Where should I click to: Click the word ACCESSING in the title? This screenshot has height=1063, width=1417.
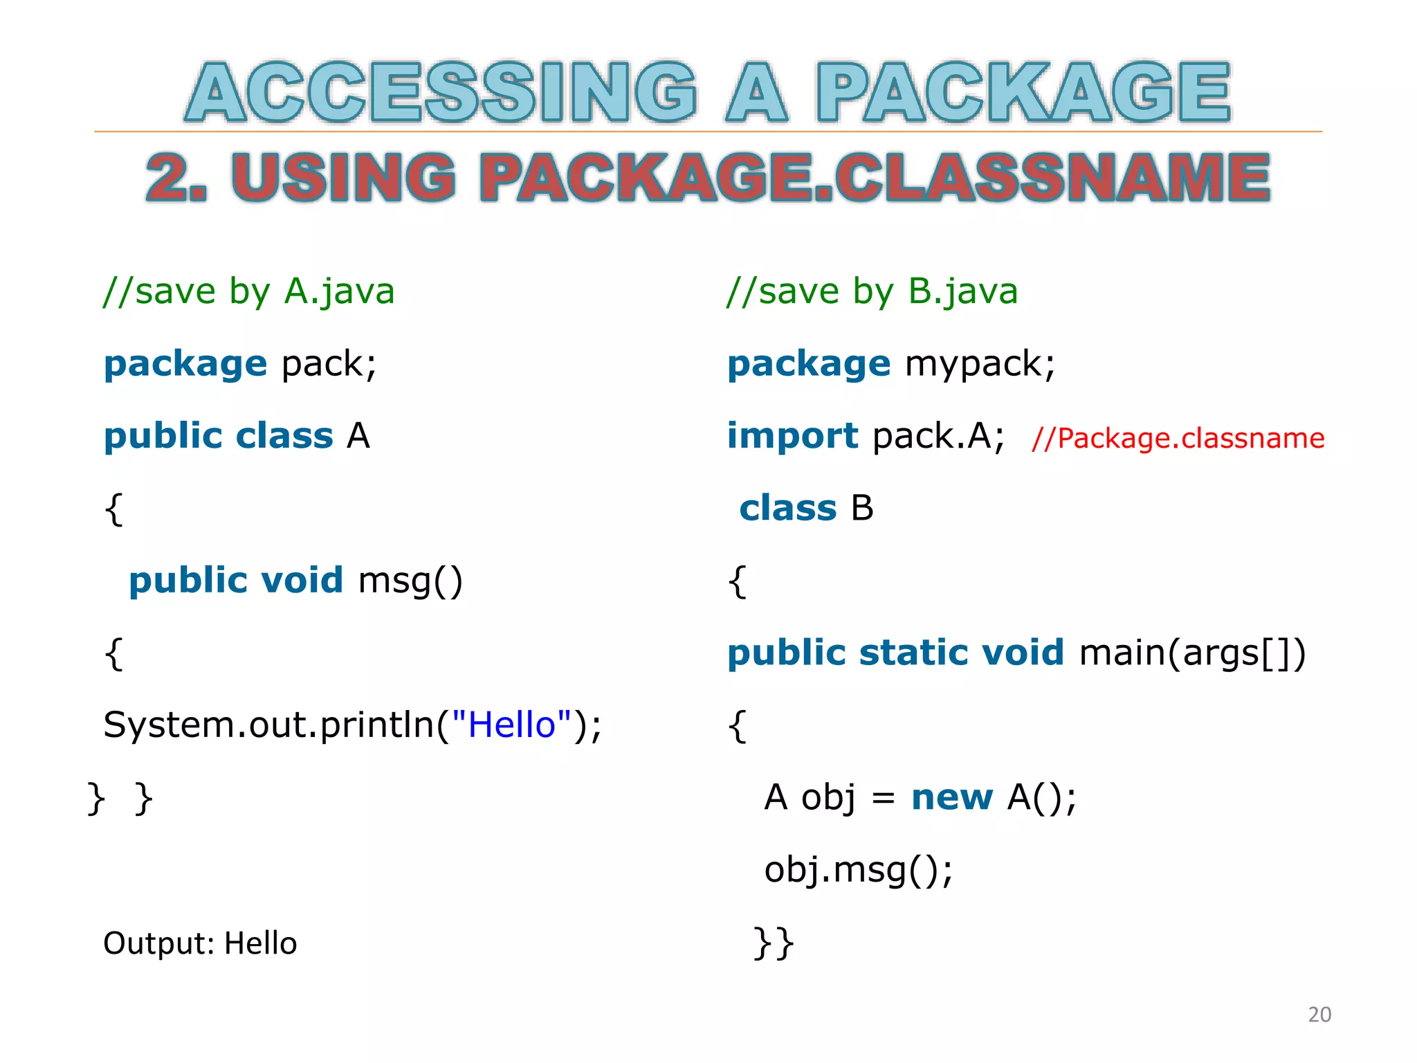pos(441,92)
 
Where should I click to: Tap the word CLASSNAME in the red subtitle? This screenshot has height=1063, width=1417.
pos(1052,178)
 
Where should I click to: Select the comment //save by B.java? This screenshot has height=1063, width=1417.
pos(872,291)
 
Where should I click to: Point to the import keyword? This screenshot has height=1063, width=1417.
pos(792,436)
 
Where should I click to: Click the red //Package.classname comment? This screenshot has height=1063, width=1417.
pos(1178,439)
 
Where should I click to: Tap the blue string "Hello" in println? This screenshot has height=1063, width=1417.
pos(512,725)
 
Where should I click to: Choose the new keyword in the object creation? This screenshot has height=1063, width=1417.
pos(951,797)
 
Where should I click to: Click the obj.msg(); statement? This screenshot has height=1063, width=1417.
pos(859,870)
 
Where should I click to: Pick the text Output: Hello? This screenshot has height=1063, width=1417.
pos(200,943)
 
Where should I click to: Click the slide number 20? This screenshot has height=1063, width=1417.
pos(1319,1015)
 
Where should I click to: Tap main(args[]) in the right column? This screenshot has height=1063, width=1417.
pos(1192,653)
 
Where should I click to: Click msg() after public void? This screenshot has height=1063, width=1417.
pos(410,581)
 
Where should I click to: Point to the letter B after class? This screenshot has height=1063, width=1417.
pos(862,509)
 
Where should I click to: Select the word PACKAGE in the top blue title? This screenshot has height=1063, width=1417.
pos(1023,92)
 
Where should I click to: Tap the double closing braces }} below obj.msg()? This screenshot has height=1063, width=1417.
pos(774,942)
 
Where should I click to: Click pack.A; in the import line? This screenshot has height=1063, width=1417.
pos(938,436)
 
